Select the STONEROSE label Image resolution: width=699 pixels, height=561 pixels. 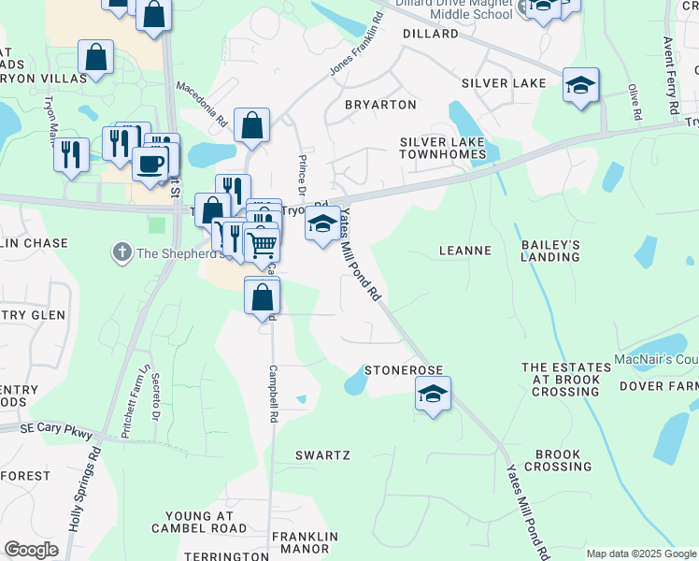tap(403, 370)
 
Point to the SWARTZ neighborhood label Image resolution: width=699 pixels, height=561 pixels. tap(322, 455)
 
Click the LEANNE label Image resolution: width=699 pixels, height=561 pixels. tap(465, 251)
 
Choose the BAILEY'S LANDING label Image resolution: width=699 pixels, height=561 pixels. tap(550, 251)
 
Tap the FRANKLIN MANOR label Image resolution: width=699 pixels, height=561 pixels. tap(302, 543)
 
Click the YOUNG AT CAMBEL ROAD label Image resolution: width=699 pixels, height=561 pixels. tap(212, 522)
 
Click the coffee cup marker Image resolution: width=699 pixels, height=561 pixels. tap(150, 165)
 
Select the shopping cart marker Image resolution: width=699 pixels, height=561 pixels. tap(263, 245)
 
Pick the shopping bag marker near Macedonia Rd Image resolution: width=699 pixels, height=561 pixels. tap(251, 125)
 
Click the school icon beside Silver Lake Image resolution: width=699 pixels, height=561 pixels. tap(581, 85)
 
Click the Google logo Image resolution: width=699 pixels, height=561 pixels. tap(32, 550)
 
